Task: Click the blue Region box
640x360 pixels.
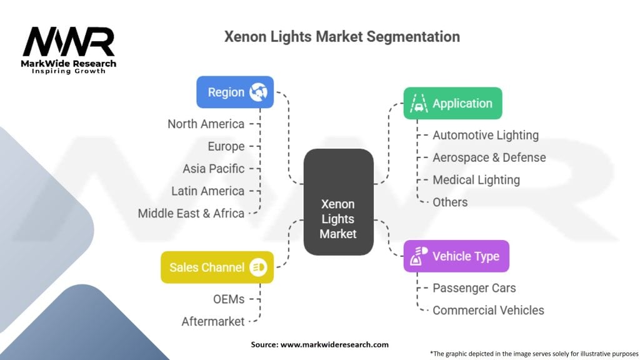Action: click(x=235, y=92)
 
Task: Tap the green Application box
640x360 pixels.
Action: click(x=452, y=104)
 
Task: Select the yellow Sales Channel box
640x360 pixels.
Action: click(x=217, y=267)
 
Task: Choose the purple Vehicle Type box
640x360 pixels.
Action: click(x=456, y=256)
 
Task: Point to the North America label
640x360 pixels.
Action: click(x=206, y=124)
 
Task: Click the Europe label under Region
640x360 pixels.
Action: click(x=226, y=146)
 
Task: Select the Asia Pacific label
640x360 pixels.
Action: click(x=213, y=169)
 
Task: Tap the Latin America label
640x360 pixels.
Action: click(x=207, y=191)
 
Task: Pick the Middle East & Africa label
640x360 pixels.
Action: click(x=191, y=213)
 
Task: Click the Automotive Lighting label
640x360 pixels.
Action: click(x=486, y=135)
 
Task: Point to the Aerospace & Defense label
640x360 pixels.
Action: click(x=489, y=157)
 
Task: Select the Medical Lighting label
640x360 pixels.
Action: click(x=476, y=180)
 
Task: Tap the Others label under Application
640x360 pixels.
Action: click(x=450, y=202)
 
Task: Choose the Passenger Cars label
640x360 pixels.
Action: click(x=474, y=288)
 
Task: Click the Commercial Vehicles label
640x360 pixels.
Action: click(x=488, y=310)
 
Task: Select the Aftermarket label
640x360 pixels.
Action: click(x=213, y=321)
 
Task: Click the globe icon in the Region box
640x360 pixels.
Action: click(x=258, y=92)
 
